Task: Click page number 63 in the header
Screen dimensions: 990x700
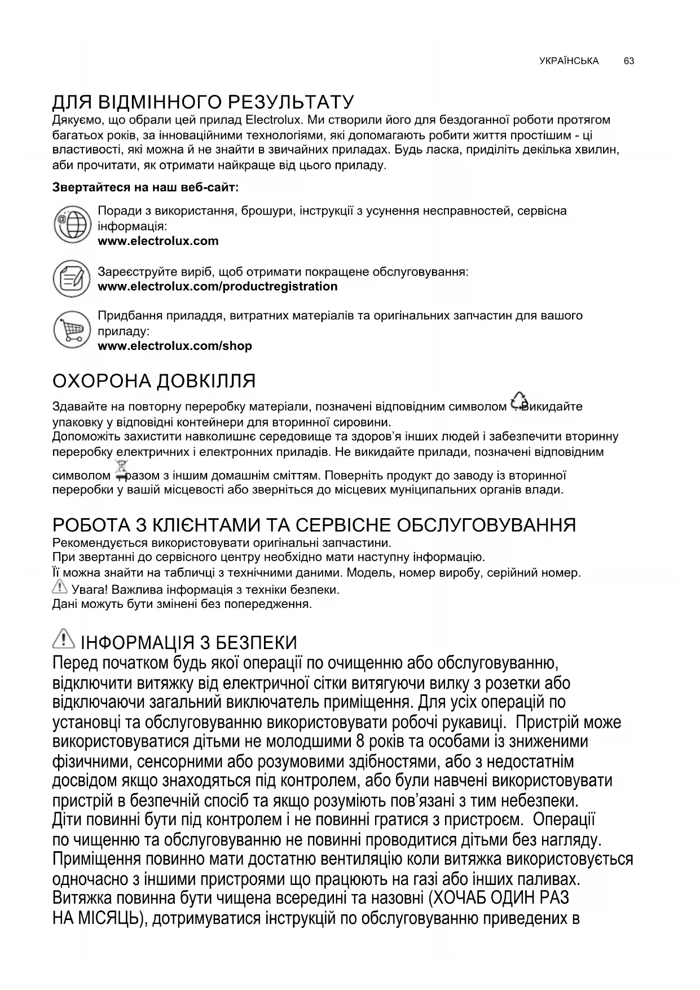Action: [629, 61]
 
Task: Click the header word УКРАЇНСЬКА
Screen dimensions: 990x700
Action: [569, 61]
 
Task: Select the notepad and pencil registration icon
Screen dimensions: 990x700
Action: [72, 279]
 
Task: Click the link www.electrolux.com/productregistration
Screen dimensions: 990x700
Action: [218, 286]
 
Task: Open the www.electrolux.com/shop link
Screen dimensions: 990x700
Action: [175, 346]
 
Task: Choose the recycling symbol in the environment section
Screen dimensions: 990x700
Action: [518, 401]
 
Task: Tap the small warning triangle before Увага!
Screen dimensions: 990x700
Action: [59, 588]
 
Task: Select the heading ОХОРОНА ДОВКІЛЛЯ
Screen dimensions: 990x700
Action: [154, 381]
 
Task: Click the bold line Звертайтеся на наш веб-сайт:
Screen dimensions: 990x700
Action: [146, 187]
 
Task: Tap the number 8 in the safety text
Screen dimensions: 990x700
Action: [359, 741]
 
